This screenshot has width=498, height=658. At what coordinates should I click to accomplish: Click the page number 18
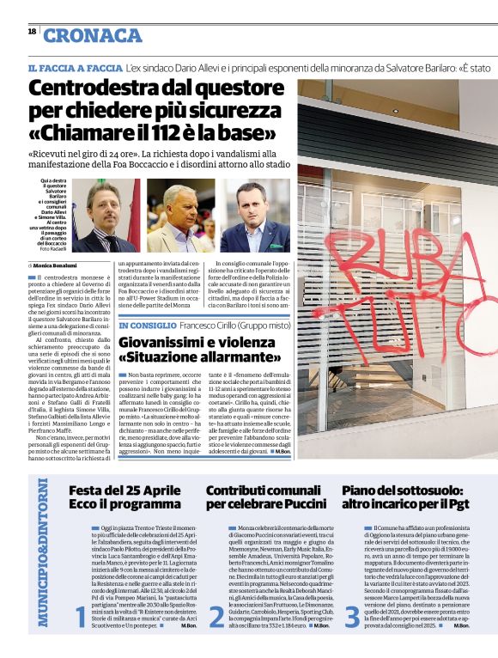(32, 31)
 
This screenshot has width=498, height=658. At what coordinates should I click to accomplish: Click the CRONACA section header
(93, 35)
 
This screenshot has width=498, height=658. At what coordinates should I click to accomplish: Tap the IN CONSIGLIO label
(149, 326)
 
